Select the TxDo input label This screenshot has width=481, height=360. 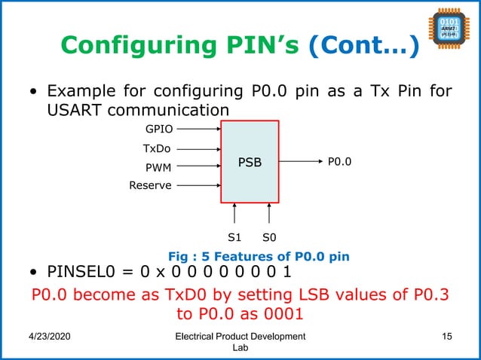tap(156, 148)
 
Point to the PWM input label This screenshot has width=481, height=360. tap(157, 167)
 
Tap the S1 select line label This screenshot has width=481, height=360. tap(234, 236)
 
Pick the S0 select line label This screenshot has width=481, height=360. tap(268, 236)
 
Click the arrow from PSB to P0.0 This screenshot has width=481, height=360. tap(299, 160)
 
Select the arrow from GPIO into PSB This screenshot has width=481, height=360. tap(197, 129)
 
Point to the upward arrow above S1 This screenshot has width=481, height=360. tap(234, 212)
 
